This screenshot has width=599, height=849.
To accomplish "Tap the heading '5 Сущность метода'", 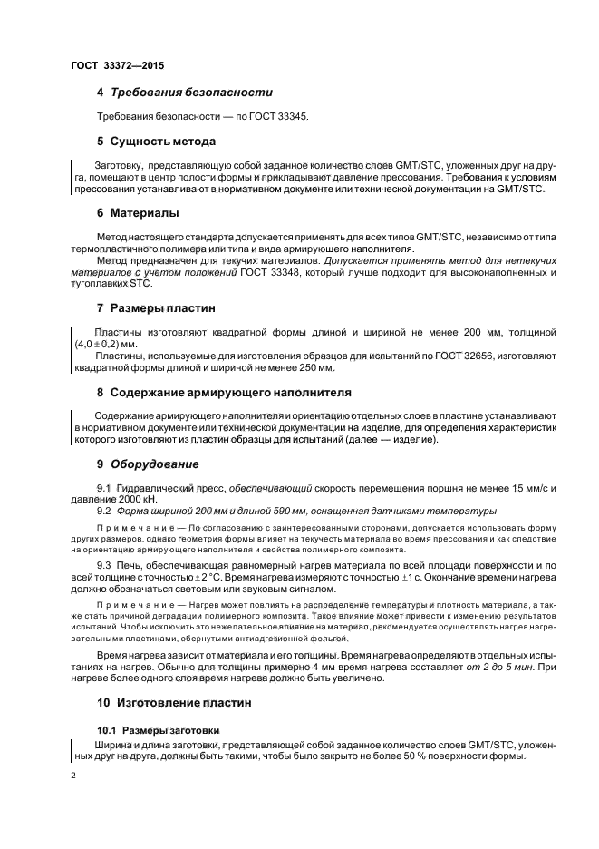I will tap(156, 141).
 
